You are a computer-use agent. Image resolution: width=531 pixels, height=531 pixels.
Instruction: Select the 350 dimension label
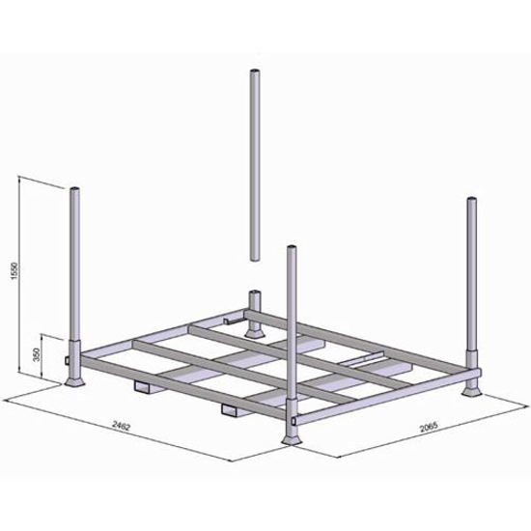click(x=36, y=355)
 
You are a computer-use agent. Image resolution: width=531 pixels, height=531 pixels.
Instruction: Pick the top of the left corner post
click(x=74, y=188)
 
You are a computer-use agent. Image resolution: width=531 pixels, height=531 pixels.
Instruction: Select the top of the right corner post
click(x=471, y=202)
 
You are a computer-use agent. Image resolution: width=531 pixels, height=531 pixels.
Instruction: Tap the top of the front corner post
click(x=292, y=250)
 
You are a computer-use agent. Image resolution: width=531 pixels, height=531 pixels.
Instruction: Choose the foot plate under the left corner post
click(x=75, y=383)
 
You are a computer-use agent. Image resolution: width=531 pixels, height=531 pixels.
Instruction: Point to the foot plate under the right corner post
click(x=472, y=390)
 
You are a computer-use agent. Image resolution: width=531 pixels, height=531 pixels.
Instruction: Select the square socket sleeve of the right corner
click(x=472, y=362)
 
